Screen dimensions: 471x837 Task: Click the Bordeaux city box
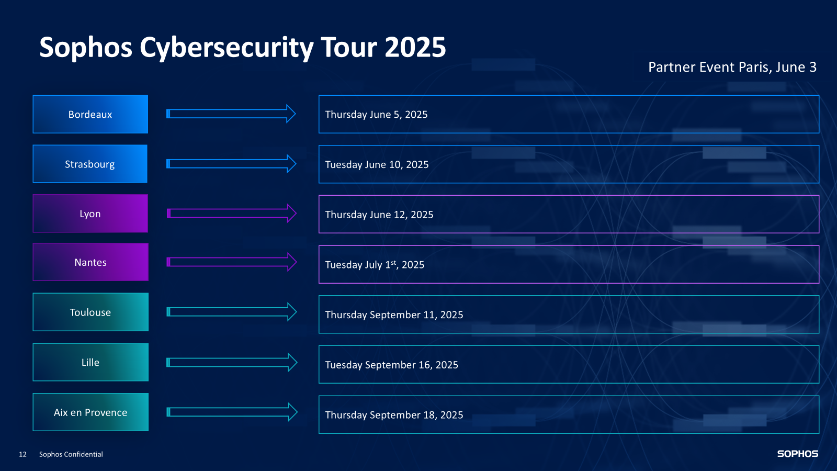click(90, 114)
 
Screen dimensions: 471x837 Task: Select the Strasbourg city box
click(90, 164)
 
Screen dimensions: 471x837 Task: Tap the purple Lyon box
click(90, 214)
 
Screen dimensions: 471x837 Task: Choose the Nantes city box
click(90, 262)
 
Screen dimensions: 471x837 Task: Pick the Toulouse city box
click(90, 312)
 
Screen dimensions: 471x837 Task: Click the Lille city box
click(90, 362)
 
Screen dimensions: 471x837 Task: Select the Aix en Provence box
click(90, 412)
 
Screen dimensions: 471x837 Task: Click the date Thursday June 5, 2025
click(376, 115)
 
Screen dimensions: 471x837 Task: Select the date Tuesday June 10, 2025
click(377, 165)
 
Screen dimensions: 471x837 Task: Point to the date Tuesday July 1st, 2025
click(375, 265)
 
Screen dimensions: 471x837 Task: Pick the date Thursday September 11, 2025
click(394, 315)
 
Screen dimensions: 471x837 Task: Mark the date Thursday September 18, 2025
click(394, 415)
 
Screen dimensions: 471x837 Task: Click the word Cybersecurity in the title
click(226, 48)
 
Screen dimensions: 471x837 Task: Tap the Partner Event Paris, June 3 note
click(732, 68)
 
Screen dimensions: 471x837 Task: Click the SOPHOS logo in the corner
click(797, 454)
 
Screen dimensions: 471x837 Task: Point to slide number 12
click(22, 454)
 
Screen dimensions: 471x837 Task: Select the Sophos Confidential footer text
click(71, 454)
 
